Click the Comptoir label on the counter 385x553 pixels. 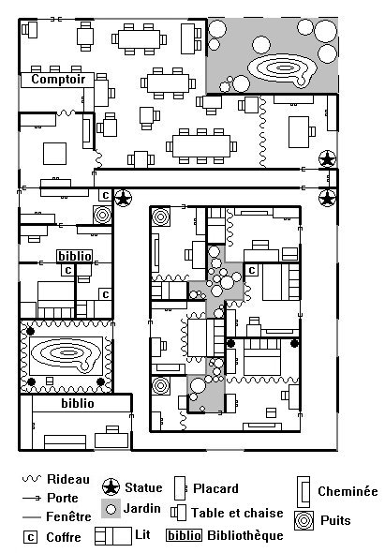pyautogui.click(x=58, y=80)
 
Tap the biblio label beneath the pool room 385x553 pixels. pyautogui.click(x=78, y=403)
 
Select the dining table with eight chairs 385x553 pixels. pyautogui.click(x=139, y=39)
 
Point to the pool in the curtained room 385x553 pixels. pyautogui.click(x=67, y=355)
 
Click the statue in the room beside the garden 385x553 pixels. pyautogui.click(x=327, y=159)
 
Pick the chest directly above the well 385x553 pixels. pyautogui.click(x=106, y=195)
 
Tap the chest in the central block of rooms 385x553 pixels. pyautogui.click(x=252, y=270)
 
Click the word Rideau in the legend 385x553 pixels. pyautogui.click(x=68, y=479)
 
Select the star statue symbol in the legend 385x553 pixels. pyautogui.click(x=111, y=487)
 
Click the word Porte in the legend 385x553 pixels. pyautogui.click(x=63, y=498)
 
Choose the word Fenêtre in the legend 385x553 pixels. pyautogui.click(x=68, y=516)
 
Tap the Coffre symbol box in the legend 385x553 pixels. pyautogui.click(x=31, y=537)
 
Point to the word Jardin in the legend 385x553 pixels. pyautogui.click(x=142, y=508)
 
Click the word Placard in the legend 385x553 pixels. pyautogui.click(x=215, y=488)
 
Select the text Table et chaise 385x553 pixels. pyautogui.click(x=237, y=513)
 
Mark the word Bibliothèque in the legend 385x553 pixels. pyautogui.click(x=245, y=535)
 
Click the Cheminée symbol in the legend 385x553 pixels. pyautogui.click(x=304, y=490)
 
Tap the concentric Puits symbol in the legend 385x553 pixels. pyautogui.click(x=304, y=521)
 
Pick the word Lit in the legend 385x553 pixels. pyautogui.click(x=142, y=534)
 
